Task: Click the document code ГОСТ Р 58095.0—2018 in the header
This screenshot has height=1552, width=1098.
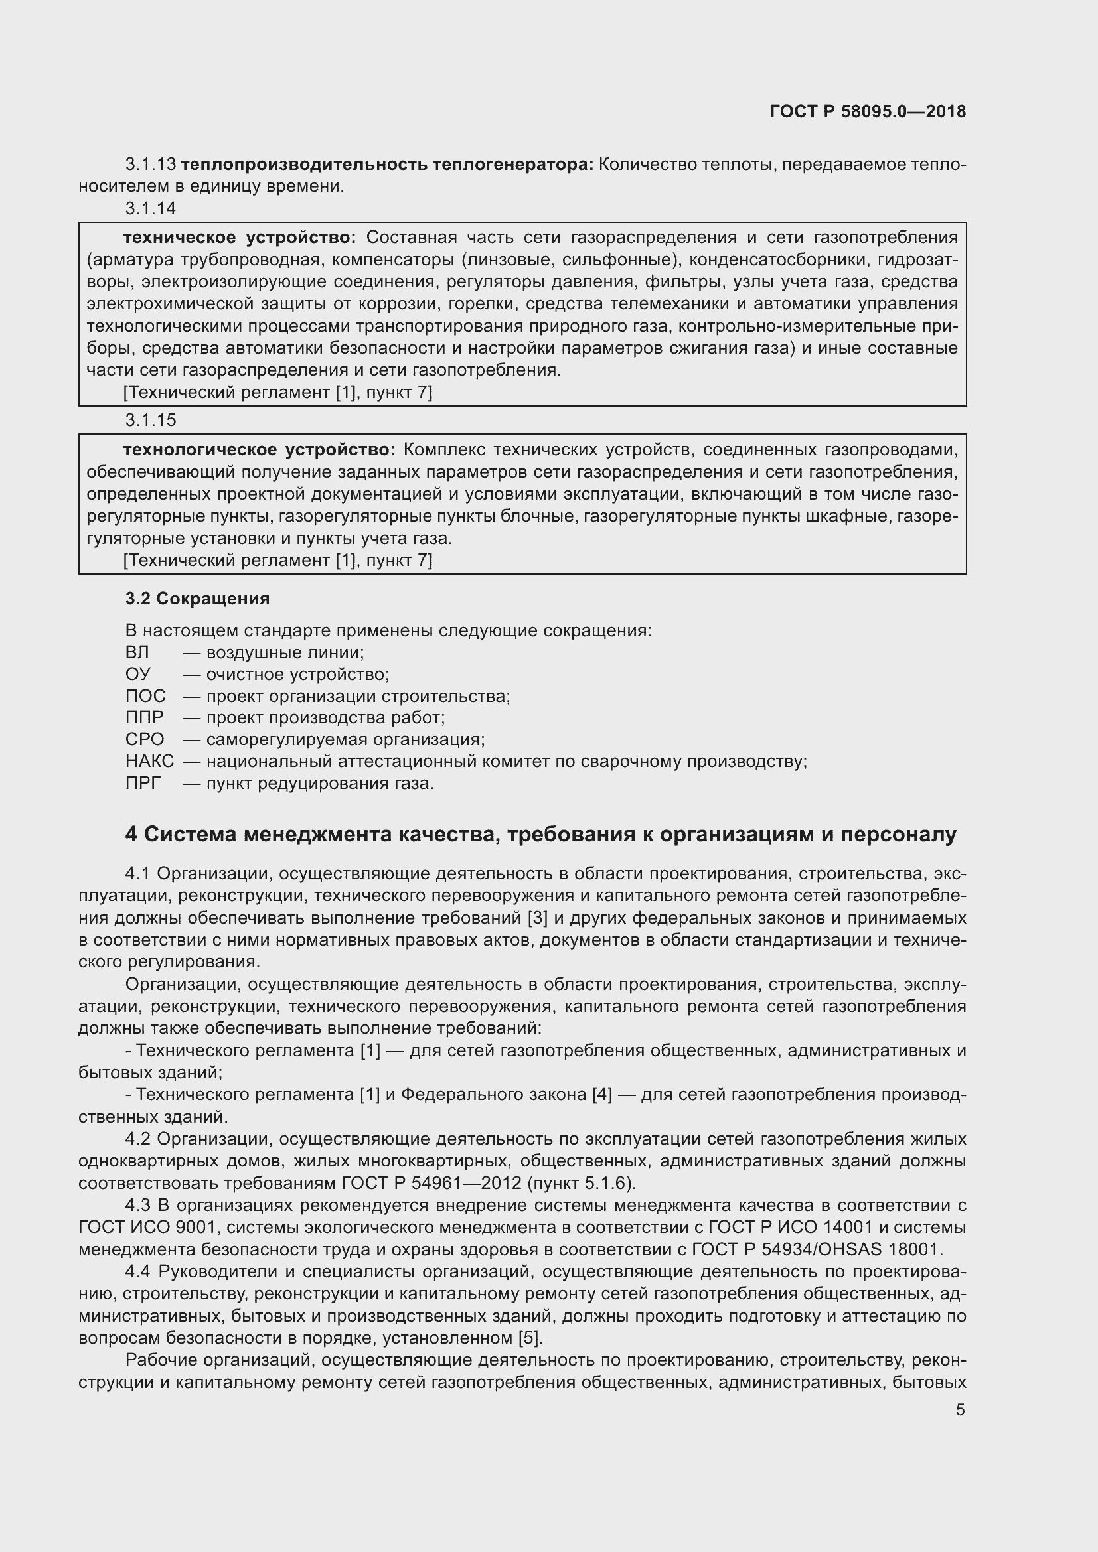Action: pyautogui.click(x=868, y=112)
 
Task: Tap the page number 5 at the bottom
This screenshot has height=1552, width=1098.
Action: pyautogui.click(x=960, y=1409)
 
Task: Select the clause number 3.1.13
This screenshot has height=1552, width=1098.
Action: pyautogui.click(x=150, y=165)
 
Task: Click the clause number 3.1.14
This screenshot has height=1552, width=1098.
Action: pyautogui.click(x=150, y=209)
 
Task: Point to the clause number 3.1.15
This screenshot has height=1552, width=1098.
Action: pyautogui.click(x=150, y=421)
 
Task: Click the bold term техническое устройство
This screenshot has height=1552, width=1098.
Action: pyautogui.click(x=239, y=238)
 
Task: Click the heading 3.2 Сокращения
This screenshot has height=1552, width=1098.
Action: pyautogui.click(x=197, y=599)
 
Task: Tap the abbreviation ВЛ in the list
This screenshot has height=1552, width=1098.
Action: pyautogui.click(x=137, y=652)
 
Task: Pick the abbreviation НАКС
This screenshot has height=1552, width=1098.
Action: pyautogui.click(x=149, y=761)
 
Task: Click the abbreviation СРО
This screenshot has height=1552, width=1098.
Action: pyautogui.click(x=144, y=739)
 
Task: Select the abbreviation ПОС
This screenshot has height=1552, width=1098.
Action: pyautogui.click(x=145, y=696)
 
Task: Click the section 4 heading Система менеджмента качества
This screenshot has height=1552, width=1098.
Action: pyautogui.click(x=540, y=835)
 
